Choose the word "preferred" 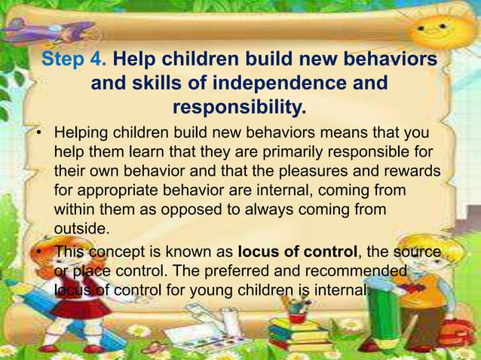[201, 270]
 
